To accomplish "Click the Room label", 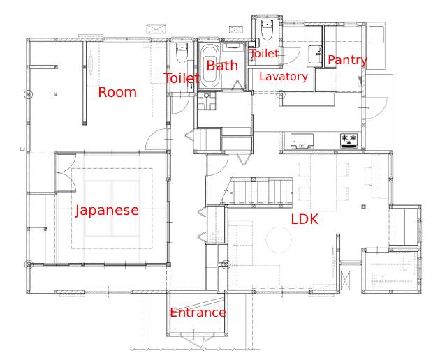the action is click(x=117, y=92).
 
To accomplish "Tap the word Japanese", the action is click(x=107, y=211).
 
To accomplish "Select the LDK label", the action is click(x=305, y=219).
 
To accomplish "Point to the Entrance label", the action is click(x=198, y=313).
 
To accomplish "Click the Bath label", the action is click(x=222, y=66).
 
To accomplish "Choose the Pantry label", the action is click(x=348, y=60).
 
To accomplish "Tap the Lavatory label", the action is click(x=284, y=76).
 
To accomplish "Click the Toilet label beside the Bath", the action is click(x=182, y=78).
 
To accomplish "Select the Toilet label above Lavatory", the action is click(x=264, y=53).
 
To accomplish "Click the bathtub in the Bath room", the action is click(x=210, y=66).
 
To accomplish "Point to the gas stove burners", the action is click(x=349, y=141).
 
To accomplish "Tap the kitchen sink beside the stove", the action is click(x=302, y=141).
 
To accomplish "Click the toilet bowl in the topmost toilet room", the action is click(x=267, y=30).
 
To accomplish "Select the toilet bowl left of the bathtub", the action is click(x=182, y=53).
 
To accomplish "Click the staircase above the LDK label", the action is click(x=261, y=191).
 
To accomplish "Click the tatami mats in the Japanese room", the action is click(x=112, y=208).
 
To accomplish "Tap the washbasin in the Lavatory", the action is click(x=316, y=54).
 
